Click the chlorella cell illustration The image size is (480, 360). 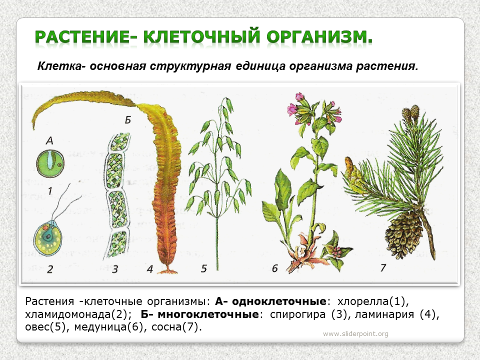(50, 163)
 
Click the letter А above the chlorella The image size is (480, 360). (49, 140)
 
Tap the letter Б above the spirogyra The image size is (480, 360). (128, 119)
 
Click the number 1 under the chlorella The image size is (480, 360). (50, 191)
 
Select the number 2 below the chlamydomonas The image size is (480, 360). (50, 269)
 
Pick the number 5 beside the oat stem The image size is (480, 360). (204, 268)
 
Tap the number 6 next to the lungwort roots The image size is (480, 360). (274, 268)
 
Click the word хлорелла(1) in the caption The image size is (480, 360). (373, 301)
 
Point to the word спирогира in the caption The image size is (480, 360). (297, 314)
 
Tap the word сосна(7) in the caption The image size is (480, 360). (176, 327)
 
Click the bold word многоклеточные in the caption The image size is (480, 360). (208, 314)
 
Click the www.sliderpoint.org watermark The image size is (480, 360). (355, 333)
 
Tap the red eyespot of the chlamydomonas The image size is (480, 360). (44, 228)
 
